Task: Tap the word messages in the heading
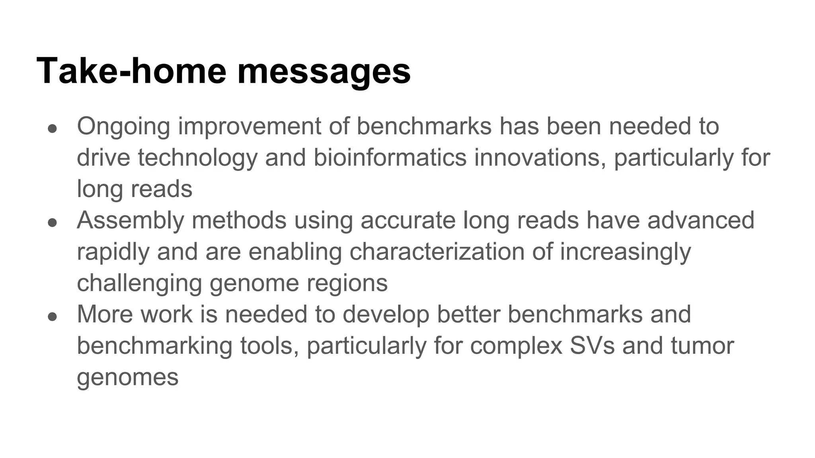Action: point(324,72)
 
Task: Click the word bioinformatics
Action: point(390,157)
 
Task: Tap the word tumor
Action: point(702,345)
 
